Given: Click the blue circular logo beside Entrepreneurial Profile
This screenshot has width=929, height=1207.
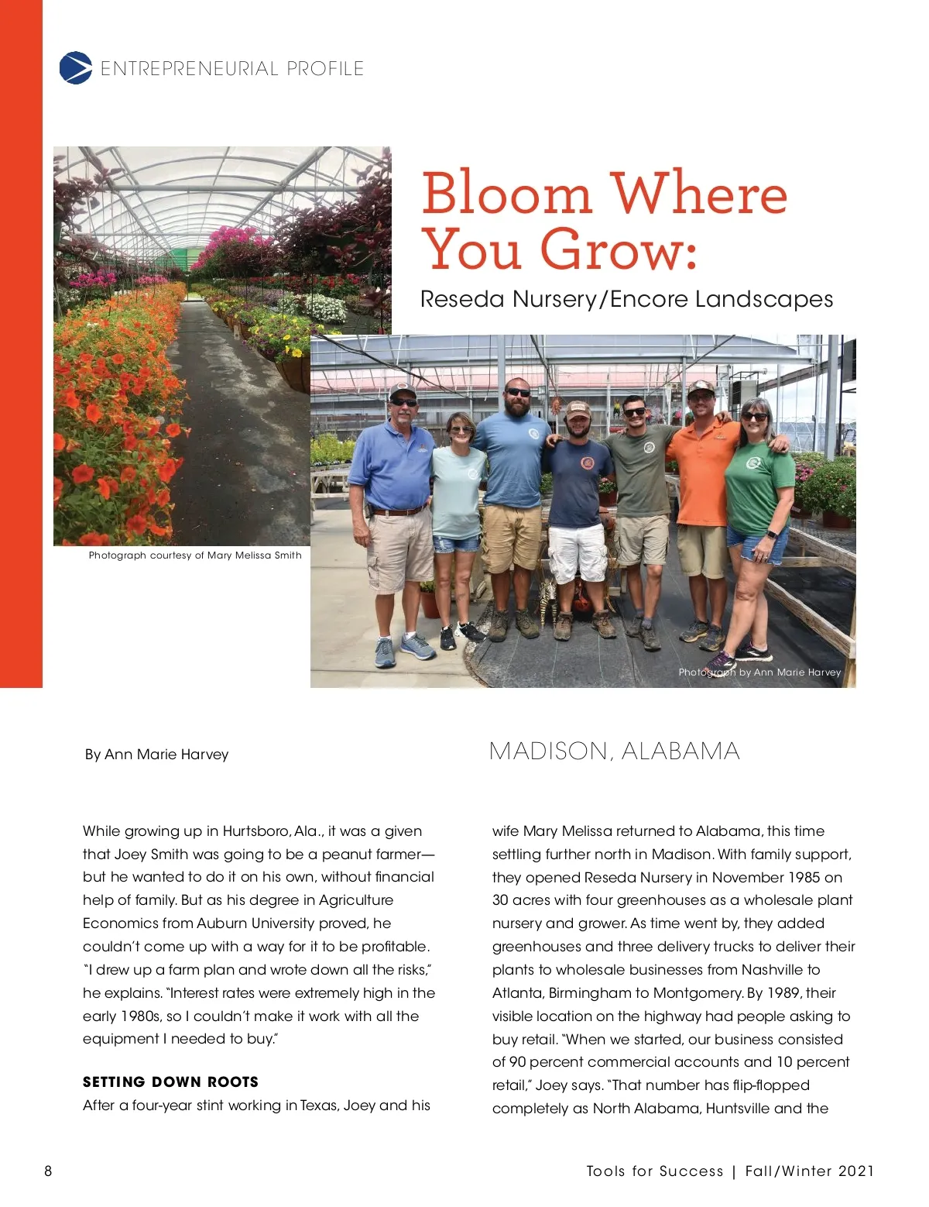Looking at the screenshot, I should point(76,68).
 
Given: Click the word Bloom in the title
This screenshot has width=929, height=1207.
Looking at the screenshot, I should point(506,193).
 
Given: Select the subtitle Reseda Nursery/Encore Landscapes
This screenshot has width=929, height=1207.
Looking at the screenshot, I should point(626,299).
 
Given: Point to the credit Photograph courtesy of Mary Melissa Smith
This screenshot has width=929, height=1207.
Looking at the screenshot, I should point(195,555).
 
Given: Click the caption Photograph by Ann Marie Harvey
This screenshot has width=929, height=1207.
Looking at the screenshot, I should point(759,672).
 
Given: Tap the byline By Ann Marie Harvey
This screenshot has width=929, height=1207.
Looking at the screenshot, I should point(156,755).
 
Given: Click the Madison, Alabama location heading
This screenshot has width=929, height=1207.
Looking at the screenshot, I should point(615,751).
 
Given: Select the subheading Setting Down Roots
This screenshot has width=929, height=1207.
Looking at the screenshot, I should point(170,1082).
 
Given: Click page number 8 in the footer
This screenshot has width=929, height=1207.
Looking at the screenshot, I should point(48,1171).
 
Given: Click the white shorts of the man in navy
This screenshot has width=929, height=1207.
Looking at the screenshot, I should point(577,552).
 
